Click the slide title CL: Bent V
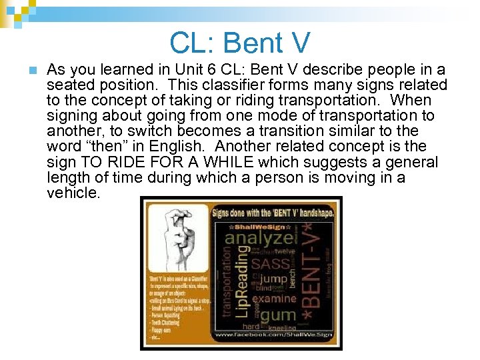(x=240, y=43)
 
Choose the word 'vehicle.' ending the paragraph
(x=73, y=193)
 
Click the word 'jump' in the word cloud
(x=273, y=279)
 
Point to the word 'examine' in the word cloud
(x=275, y=299)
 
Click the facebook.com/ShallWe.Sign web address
(x=273, y=335)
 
